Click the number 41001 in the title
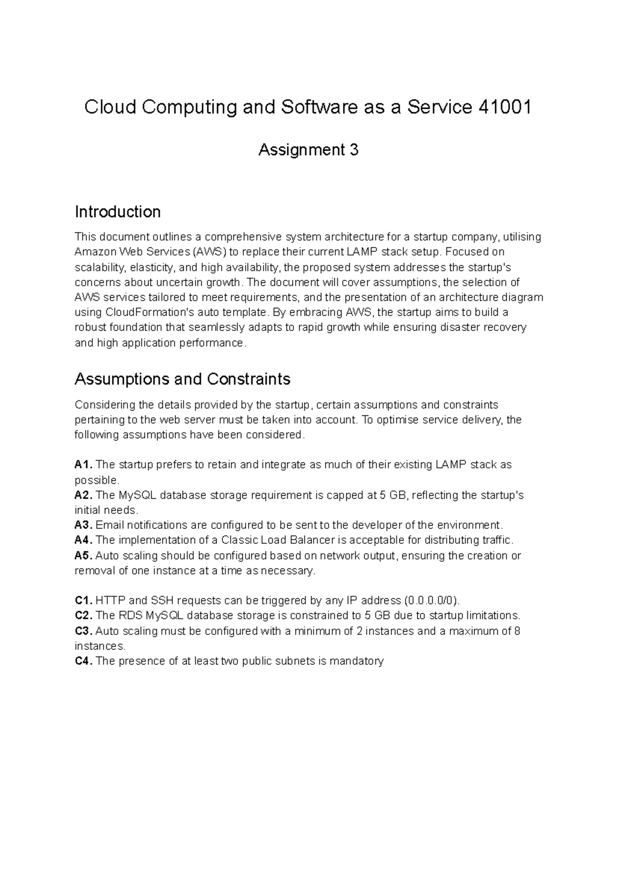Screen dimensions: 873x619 coord(505,107)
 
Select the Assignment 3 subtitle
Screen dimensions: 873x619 coord(308,150)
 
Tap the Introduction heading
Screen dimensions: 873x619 coord(118,212)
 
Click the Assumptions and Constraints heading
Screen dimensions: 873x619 coord(183,379)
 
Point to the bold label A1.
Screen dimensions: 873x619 coord(84,465)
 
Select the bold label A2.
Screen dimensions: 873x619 coord(84,495)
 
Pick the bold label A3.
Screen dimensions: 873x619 coord(84,525)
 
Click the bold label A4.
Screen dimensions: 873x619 coord(84,540)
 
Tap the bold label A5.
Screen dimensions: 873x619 coord(84,556)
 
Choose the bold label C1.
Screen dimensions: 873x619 coord(84,600)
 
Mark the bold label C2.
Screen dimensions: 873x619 coord(84,616)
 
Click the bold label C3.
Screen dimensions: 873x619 coord(84,631)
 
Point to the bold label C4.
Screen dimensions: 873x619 coord(84,661)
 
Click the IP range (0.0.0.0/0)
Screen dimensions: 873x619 coord(431,600)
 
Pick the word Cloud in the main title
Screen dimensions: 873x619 coord(110,107)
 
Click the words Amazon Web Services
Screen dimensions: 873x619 coord(132,252)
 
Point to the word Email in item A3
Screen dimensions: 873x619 coord(110,525)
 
